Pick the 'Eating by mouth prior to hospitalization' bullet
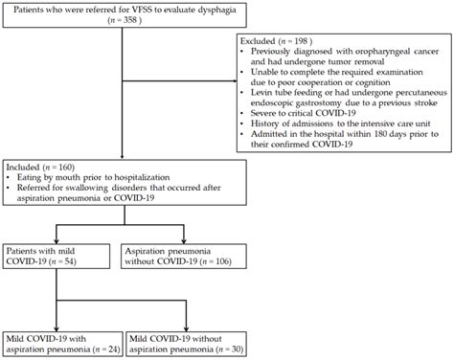point(90,177)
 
